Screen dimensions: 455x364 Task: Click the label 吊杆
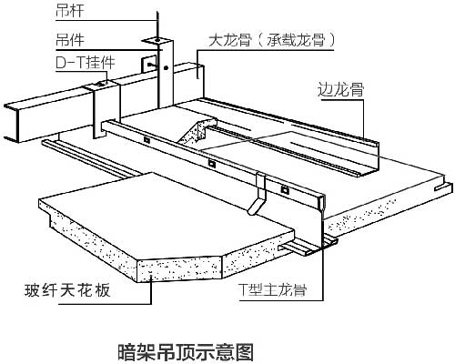pos(69,11)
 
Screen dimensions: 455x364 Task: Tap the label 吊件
pos(69,39)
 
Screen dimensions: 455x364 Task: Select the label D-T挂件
pos(86,63)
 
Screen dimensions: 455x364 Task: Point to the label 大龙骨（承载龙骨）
pos(272,40)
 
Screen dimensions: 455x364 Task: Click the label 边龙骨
pos(340,90)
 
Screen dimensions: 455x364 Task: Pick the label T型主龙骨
pos(272,289)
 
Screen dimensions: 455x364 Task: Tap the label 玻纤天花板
pos(67,290)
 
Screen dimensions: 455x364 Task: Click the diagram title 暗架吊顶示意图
pos(185,351)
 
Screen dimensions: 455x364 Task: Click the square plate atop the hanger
pos(157,40)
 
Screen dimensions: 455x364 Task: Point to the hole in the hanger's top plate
pos(157,40)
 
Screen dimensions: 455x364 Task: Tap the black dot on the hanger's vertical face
pos(166,67)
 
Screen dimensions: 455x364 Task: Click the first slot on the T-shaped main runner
pos(147,140)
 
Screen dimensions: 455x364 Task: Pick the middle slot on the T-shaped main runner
pos(212,164)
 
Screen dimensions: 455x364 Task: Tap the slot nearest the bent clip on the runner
pos(285,190)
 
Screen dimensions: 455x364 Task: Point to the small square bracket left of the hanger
pos(149,64)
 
